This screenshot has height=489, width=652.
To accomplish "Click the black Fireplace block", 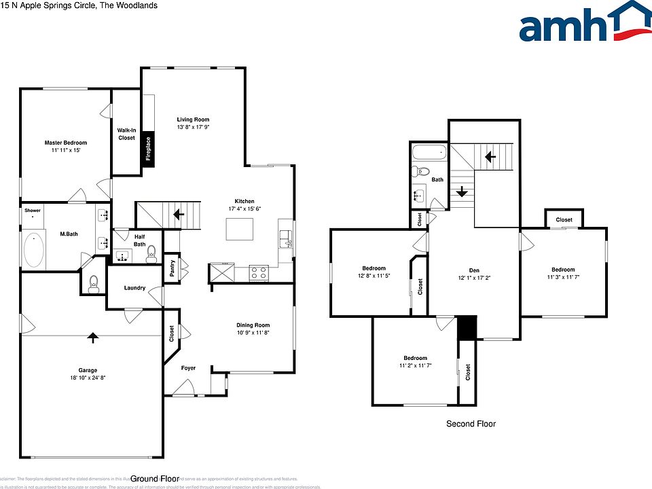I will (x=147, y=149).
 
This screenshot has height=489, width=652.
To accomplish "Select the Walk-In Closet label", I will (x=126, y=134).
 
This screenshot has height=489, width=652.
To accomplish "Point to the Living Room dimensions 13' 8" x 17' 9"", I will (x=193, y=127).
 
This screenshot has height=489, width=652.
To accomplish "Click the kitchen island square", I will (x=240, y=230).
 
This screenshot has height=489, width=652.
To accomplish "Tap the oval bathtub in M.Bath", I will (x=33, y=249).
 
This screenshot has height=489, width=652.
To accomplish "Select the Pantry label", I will (x=173, y=269).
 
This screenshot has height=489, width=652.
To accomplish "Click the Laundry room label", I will (x=134, y=288).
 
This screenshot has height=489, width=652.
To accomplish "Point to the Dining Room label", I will (x=253, y=325).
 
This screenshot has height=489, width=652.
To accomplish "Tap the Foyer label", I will (x=188, y=368).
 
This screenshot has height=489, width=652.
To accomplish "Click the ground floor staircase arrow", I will (x=179, y=215).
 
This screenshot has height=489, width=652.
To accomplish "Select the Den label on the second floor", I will (x=465, y=269).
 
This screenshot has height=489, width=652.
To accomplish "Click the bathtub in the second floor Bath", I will (x=429, y=151).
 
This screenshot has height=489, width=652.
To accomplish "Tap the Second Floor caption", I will (x=471, y=424).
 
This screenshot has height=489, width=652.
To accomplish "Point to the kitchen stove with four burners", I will (x=259, y=273).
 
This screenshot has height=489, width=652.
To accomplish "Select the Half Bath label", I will (x=139, y=240).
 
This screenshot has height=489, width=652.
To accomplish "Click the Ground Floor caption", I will (x=155, y=478).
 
